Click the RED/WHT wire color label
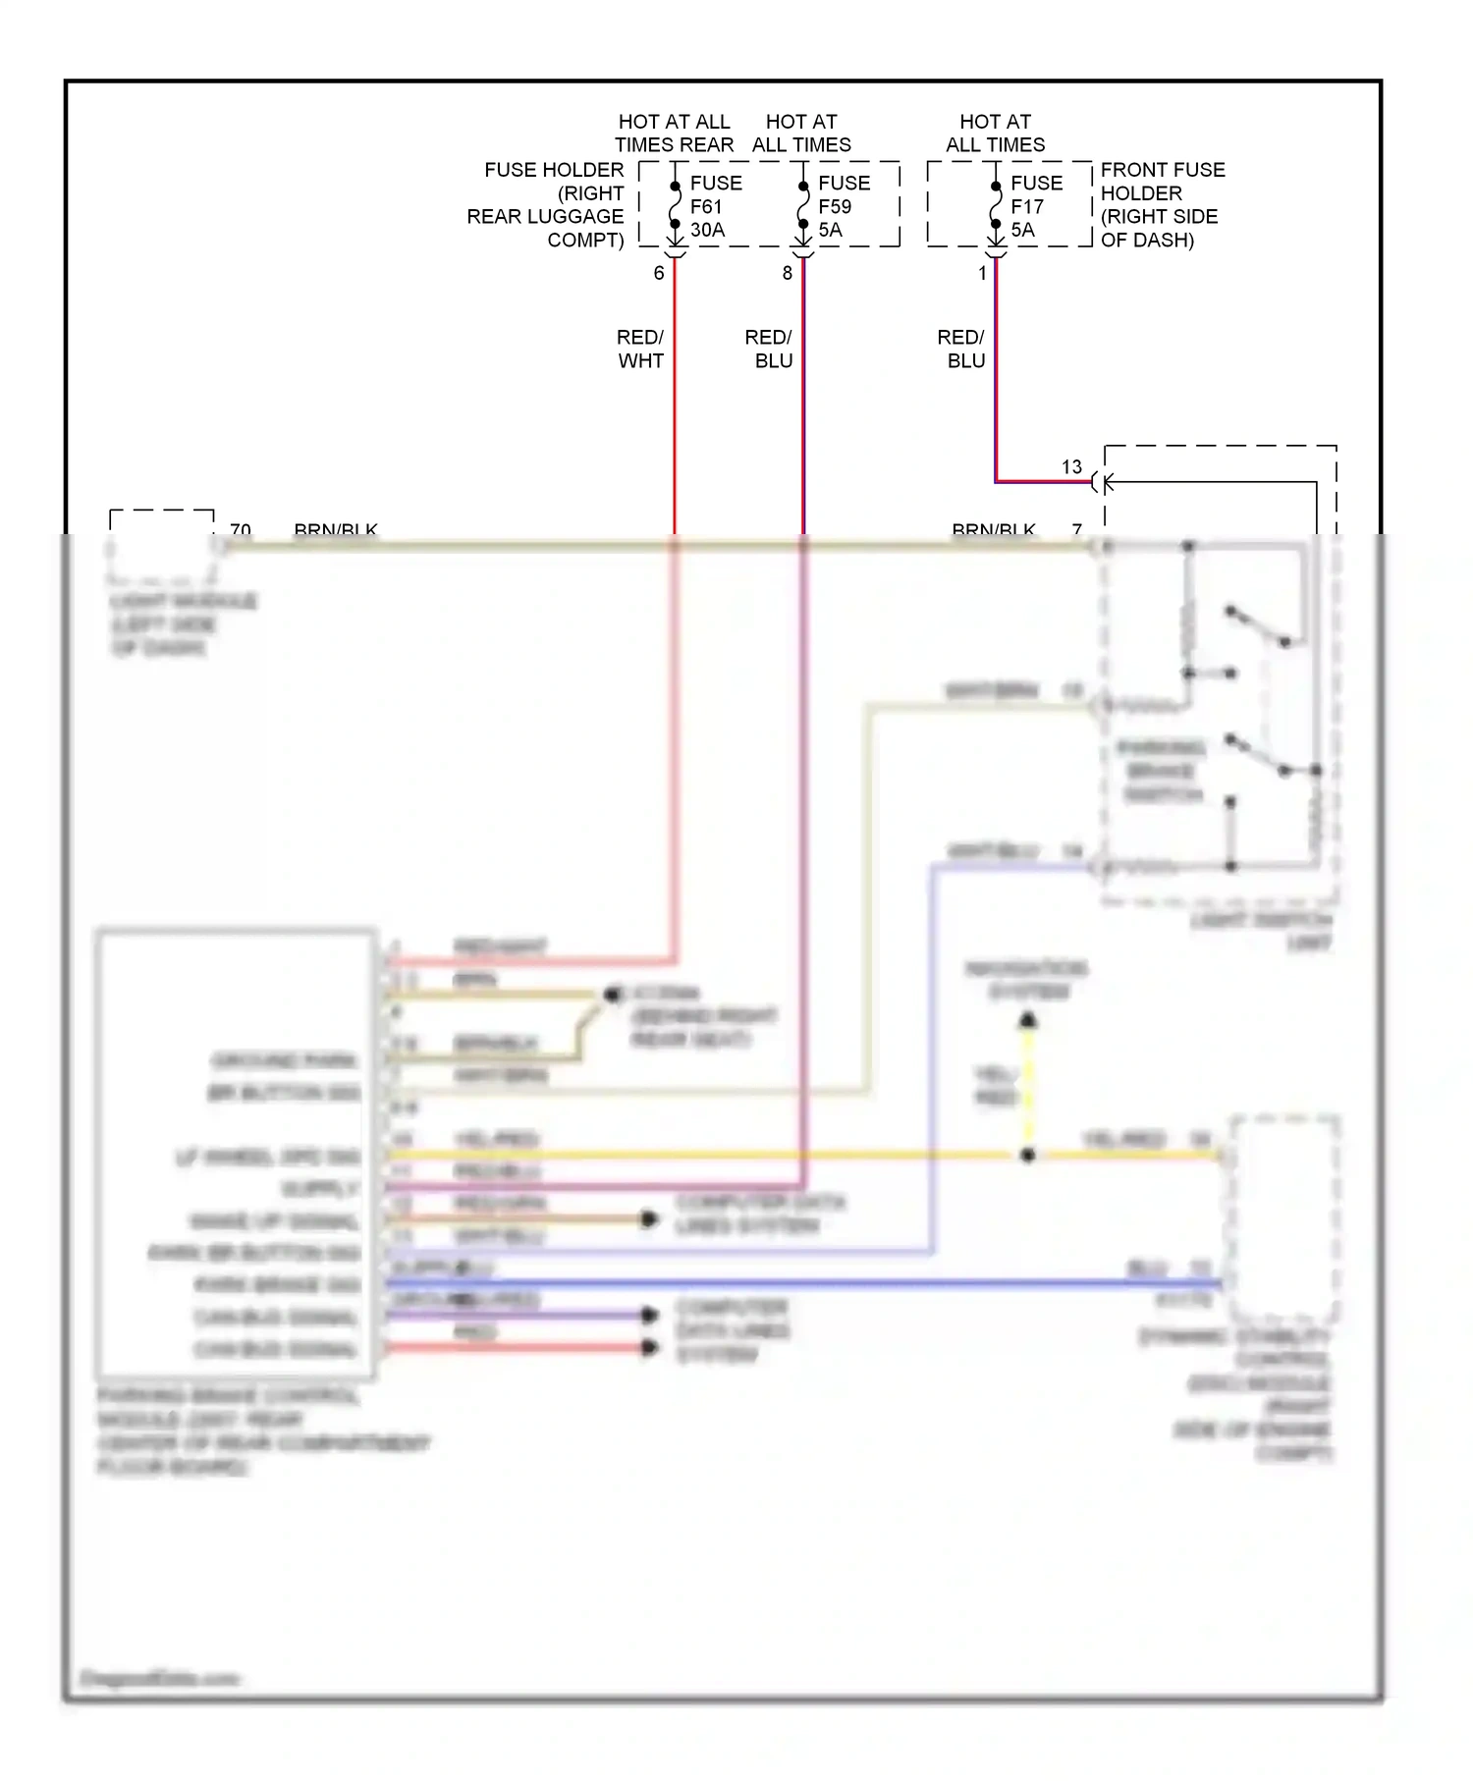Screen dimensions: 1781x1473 point(640,349)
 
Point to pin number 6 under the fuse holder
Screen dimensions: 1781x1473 point(659,273)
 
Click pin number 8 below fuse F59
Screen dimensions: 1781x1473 point(787,273)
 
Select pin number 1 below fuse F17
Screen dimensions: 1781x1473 point(982,273)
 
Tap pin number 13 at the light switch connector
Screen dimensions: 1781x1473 point(1071,467)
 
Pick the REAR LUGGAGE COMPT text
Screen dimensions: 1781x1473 point(545,216)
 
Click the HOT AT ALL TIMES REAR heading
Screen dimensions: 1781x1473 point(674,133)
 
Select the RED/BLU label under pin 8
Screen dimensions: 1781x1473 point(770,349)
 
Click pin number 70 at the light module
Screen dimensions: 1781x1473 point(240,529)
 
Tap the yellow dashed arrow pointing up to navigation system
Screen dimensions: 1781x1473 point(1027,1070)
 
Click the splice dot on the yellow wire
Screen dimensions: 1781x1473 point(1027,1156)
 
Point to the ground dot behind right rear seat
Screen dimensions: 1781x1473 point(613,995)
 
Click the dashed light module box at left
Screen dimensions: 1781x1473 point(162,545)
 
